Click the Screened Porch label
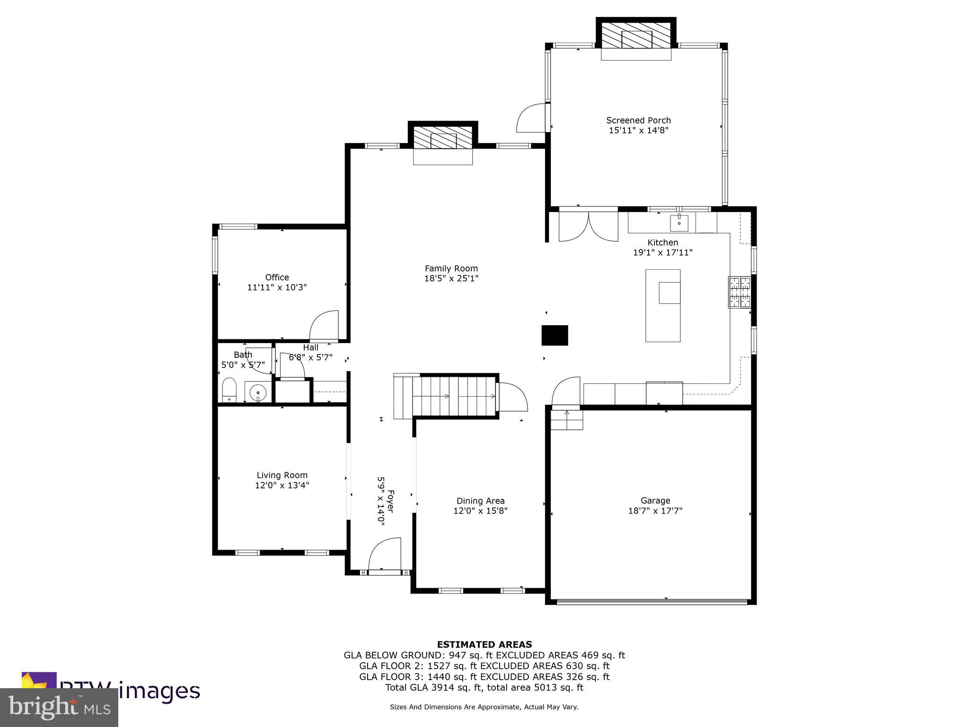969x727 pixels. tap(638, 120)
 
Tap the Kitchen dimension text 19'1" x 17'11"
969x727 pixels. tap(662, 253)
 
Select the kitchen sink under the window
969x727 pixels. tap(679, 222)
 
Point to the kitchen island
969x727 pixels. tap(663, 305)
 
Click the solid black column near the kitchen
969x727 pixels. tap(555, 335)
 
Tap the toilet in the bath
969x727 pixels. tap(229, 390)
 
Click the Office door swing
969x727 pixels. tap(325, 326)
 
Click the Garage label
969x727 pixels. tap(655, 500)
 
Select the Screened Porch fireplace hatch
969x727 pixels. tap(636, 36)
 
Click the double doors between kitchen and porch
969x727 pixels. tap(588, 226)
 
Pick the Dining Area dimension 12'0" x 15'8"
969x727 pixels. tap(480, 511)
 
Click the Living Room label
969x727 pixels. tap(282, 475)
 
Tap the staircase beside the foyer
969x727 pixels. tap(454, 395)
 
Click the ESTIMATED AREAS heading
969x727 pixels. tap(484, 644)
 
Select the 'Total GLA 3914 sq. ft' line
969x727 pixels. tap(484, 687)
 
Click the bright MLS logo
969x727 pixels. tap(59, 708)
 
